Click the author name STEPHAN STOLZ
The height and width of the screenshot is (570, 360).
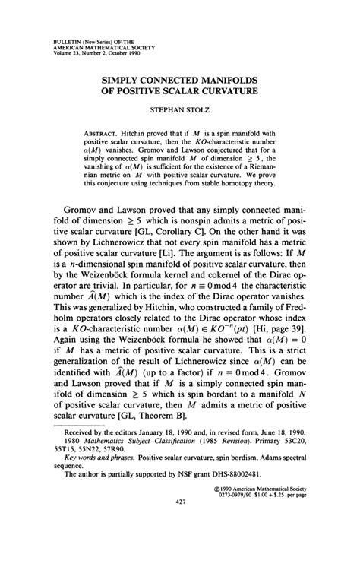coord(179,112)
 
